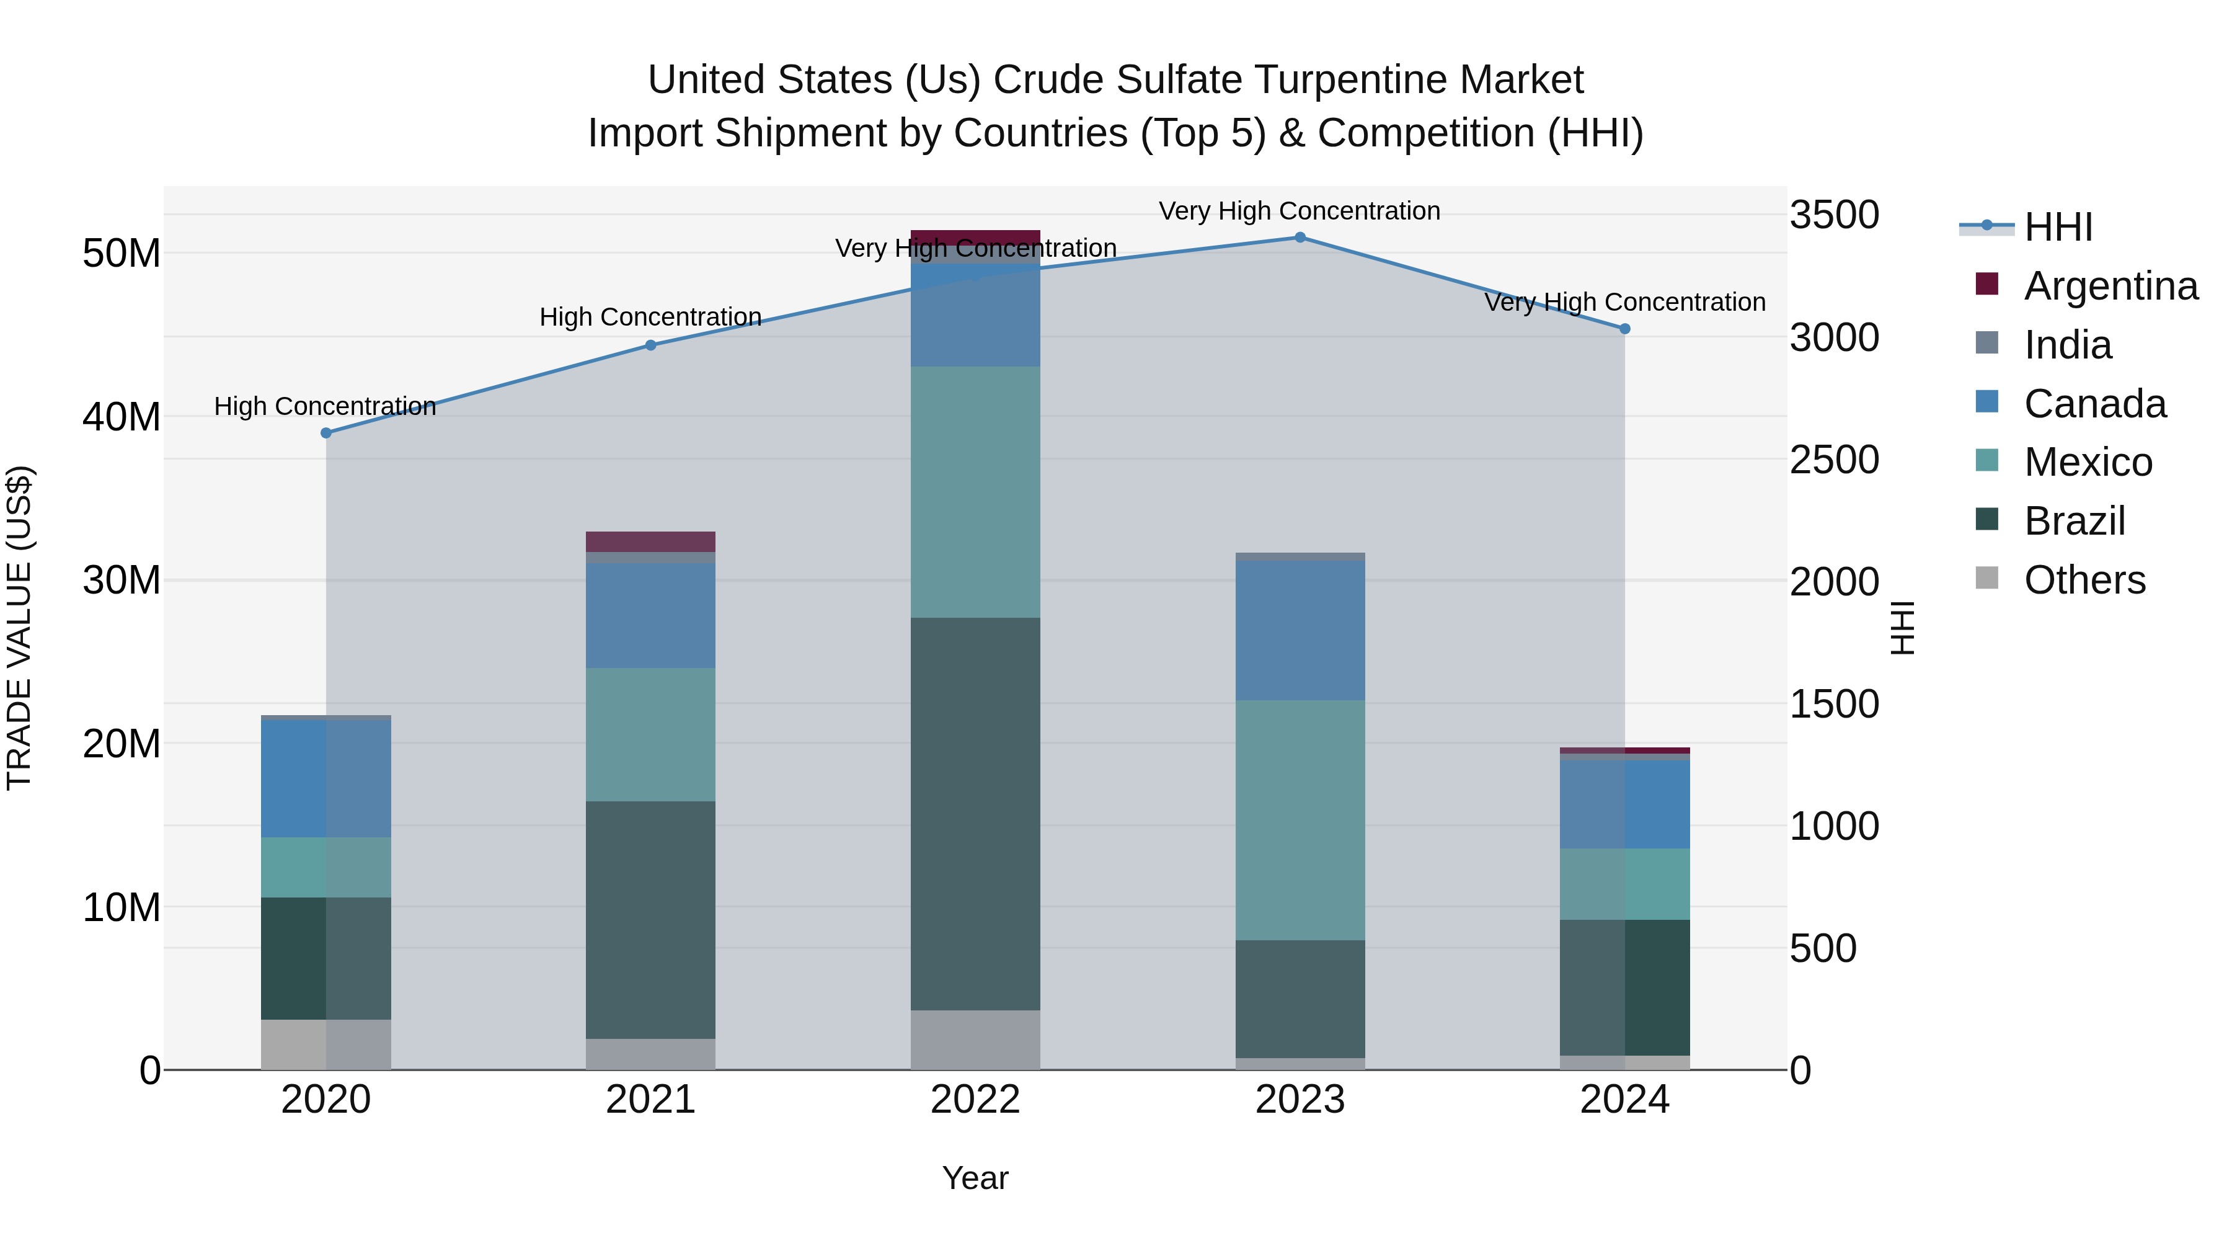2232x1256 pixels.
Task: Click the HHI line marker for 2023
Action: point(1300,237)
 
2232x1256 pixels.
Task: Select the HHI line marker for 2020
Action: point(325,432)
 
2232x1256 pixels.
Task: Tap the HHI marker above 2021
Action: point(651,345)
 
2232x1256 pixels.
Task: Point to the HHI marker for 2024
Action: point(1624,329)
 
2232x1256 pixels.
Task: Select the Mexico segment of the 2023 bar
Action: point(1300,819)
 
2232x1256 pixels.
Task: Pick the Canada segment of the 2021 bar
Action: point(651,615)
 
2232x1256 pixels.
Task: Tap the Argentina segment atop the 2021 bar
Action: point(651,541)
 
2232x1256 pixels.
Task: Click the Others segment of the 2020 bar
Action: point(325,1044)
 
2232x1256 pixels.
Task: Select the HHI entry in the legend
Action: point(2058,227)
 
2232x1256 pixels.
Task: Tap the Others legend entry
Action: point(2084,580)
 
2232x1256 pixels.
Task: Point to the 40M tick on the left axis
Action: point(122,417)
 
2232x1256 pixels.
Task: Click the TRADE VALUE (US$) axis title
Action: point(19,628)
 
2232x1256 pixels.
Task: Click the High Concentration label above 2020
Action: point(325,406)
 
